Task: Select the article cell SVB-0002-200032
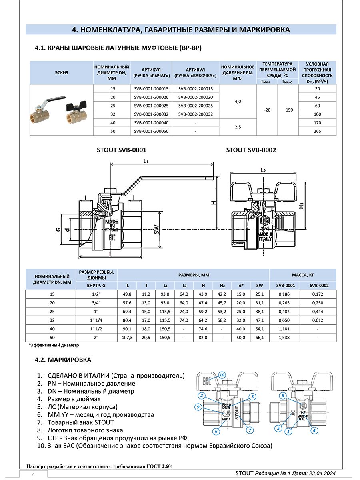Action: coord(196,114)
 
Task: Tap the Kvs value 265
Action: coord(318,131)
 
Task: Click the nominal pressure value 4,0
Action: coord(237,102)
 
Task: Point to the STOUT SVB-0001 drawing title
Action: coord(122,150)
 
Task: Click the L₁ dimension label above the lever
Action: coord(146,161)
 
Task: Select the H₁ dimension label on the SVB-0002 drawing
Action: coord(301,206)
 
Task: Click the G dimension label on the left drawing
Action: coord(58,229)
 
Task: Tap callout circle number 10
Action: coord(222,375)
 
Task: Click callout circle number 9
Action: coord(198,407)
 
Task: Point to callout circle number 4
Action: coord(314,431)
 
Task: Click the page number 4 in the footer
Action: coord(34,475)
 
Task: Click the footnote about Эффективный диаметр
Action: coord(54,345)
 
